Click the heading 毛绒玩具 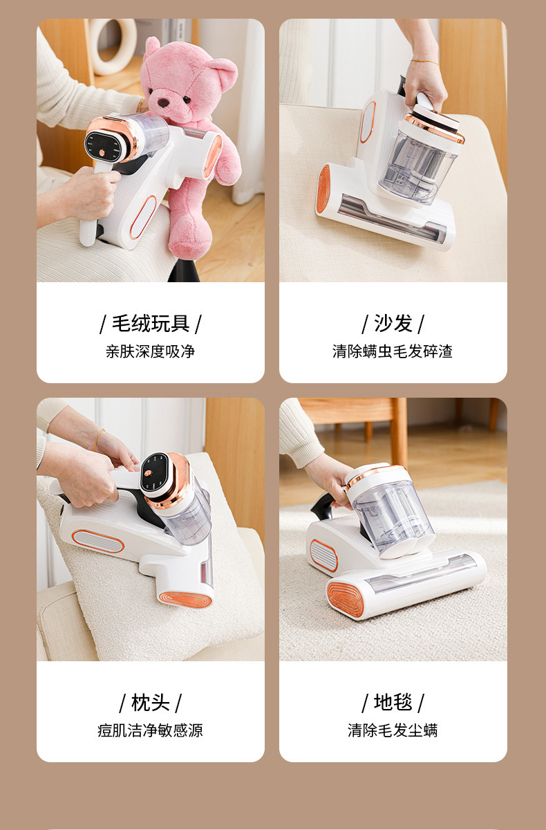tap(151, 323)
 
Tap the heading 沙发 tap(393, 323)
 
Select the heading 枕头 tap(151, 702)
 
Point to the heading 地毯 tap(393, 702)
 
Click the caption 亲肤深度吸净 tap(151, 351)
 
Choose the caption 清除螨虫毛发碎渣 tap(393, 351)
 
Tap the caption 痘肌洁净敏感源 tap(151, 730)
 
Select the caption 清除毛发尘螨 tap(393, 730)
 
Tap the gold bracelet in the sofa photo tap(424, 62)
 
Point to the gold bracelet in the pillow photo tap(98, 439)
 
